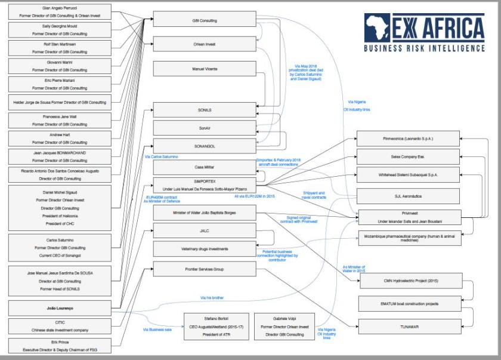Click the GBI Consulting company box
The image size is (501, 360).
(204, 20)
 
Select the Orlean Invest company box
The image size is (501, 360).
(204, 44)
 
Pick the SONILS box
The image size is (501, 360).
(204, 110)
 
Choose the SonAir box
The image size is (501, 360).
(204, 127)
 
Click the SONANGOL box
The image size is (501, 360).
(204, 145)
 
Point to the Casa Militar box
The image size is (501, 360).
(204, 167)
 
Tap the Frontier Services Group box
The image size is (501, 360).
(204, 269)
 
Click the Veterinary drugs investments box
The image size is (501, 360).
(204, 248)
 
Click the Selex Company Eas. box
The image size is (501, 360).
(409, 156)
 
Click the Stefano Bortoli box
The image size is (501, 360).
(215, 327)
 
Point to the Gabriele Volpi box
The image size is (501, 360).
(285, 327)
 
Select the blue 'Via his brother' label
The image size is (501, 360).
(212, 296)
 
